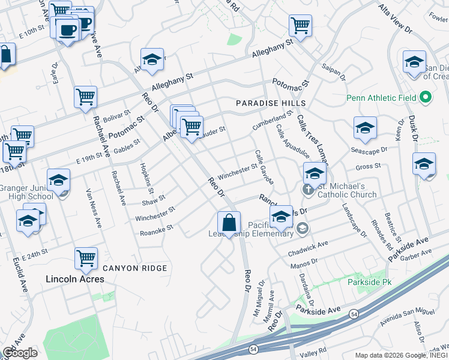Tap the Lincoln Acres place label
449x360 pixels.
(75, 279)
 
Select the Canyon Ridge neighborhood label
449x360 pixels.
(134, 268)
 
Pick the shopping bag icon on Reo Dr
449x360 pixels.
(229, 224)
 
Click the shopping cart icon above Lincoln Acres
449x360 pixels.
(86, 259)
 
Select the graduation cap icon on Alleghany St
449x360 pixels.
(152, 60)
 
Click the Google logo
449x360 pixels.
(20, 353)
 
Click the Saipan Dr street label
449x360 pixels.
(334, 73)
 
